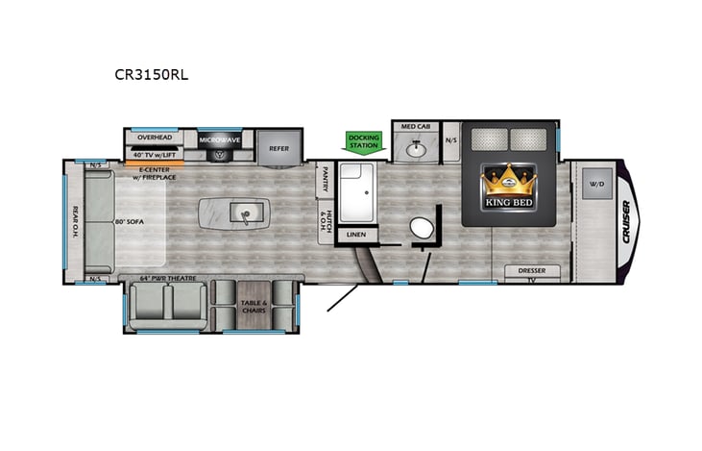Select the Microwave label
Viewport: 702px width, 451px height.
[219, 140]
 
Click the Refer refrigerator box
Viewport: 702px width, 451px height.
[278, 148]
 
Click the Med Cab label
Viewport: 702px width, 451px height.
[415, 127]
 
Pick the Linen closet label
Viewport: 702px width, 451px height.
[355, 235]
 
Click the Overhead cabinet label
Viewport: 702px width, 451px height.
[154, 138]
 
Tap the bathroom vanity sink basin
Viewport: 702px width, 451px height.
[415, 148]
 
